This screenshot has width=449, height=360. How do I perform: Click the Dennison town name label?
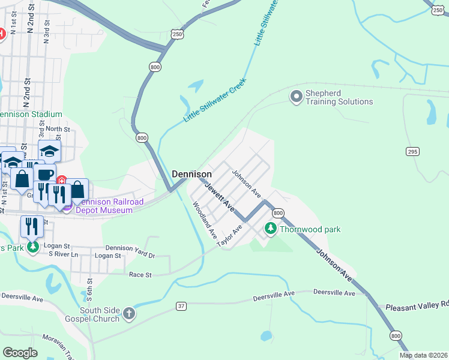point(191,174)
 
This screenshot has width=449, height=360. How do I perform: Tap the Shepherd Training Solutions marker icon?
point(296,96)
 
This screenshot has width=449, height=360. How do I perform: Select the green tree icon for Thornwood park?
point(271,229)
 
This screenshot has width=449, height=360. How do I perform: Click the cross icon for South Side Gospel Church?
point(129,313)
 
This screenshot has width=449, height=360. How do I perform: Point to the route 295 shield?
point(412,152)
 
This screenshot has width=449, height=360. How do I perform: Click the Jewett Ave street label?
point(219,196)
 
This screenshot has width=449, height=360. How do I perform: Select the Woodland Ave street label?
point(204,220)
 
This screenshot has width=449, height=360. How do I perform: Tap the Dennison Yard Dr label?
point(130,248)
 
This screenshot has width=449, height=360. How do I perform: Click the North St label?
point(58,129)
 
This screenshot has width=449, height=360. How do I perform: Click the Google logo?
point(20,352)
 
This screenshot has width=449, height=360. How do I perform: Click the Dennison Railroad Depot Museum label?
point(104,206)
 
